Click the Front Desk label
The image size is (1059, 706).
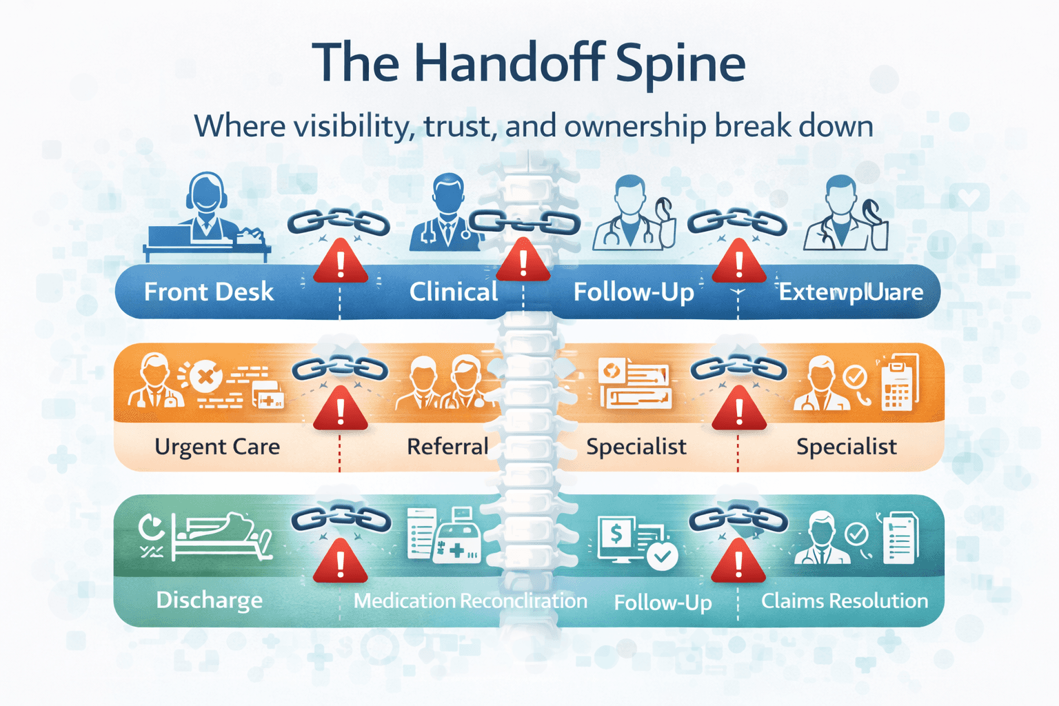[x=208, y=292]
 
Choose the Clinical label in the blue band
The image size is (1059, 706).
[x=453, y=292]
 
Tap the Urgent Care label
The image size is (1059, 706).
[x=217, y=447]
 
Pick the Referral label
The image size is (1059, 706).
[x=447, y=447]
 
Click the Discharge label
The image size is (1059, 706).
[x=209, y=600]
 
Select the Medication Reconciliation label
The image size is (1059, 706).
[x=470, y=601]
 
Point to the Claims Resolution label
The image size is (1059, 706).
[x=844, y=601]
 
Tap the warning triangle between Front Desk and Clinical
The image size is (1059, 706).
[x=341, y=263]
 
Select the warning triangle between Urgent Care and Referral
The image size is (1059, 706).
[x=341, y=410]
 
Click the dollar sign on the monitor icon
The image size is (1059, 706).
[x=616, y=533]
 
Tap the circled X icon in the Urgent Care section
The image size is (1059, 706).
[x=205, y=377]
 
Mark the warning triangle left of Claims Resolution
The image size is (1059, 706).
[x=738, y=562]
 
